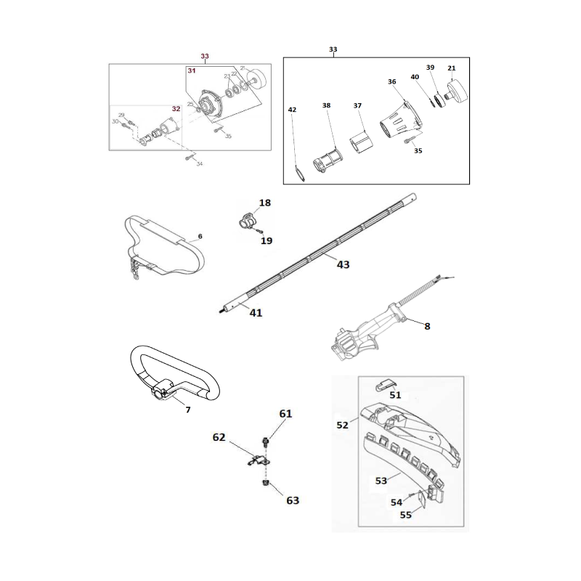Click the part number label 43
pos(344,264)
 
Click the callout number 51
pos(395,395)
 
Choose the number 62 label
pos(219,437)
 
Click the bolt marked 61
pos(266,440)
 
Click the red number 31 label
pos(191,70)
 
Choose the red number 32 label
pos(176,108)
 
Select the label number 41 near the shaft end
pos(256,313)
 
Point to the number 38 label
pos(326,105)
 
